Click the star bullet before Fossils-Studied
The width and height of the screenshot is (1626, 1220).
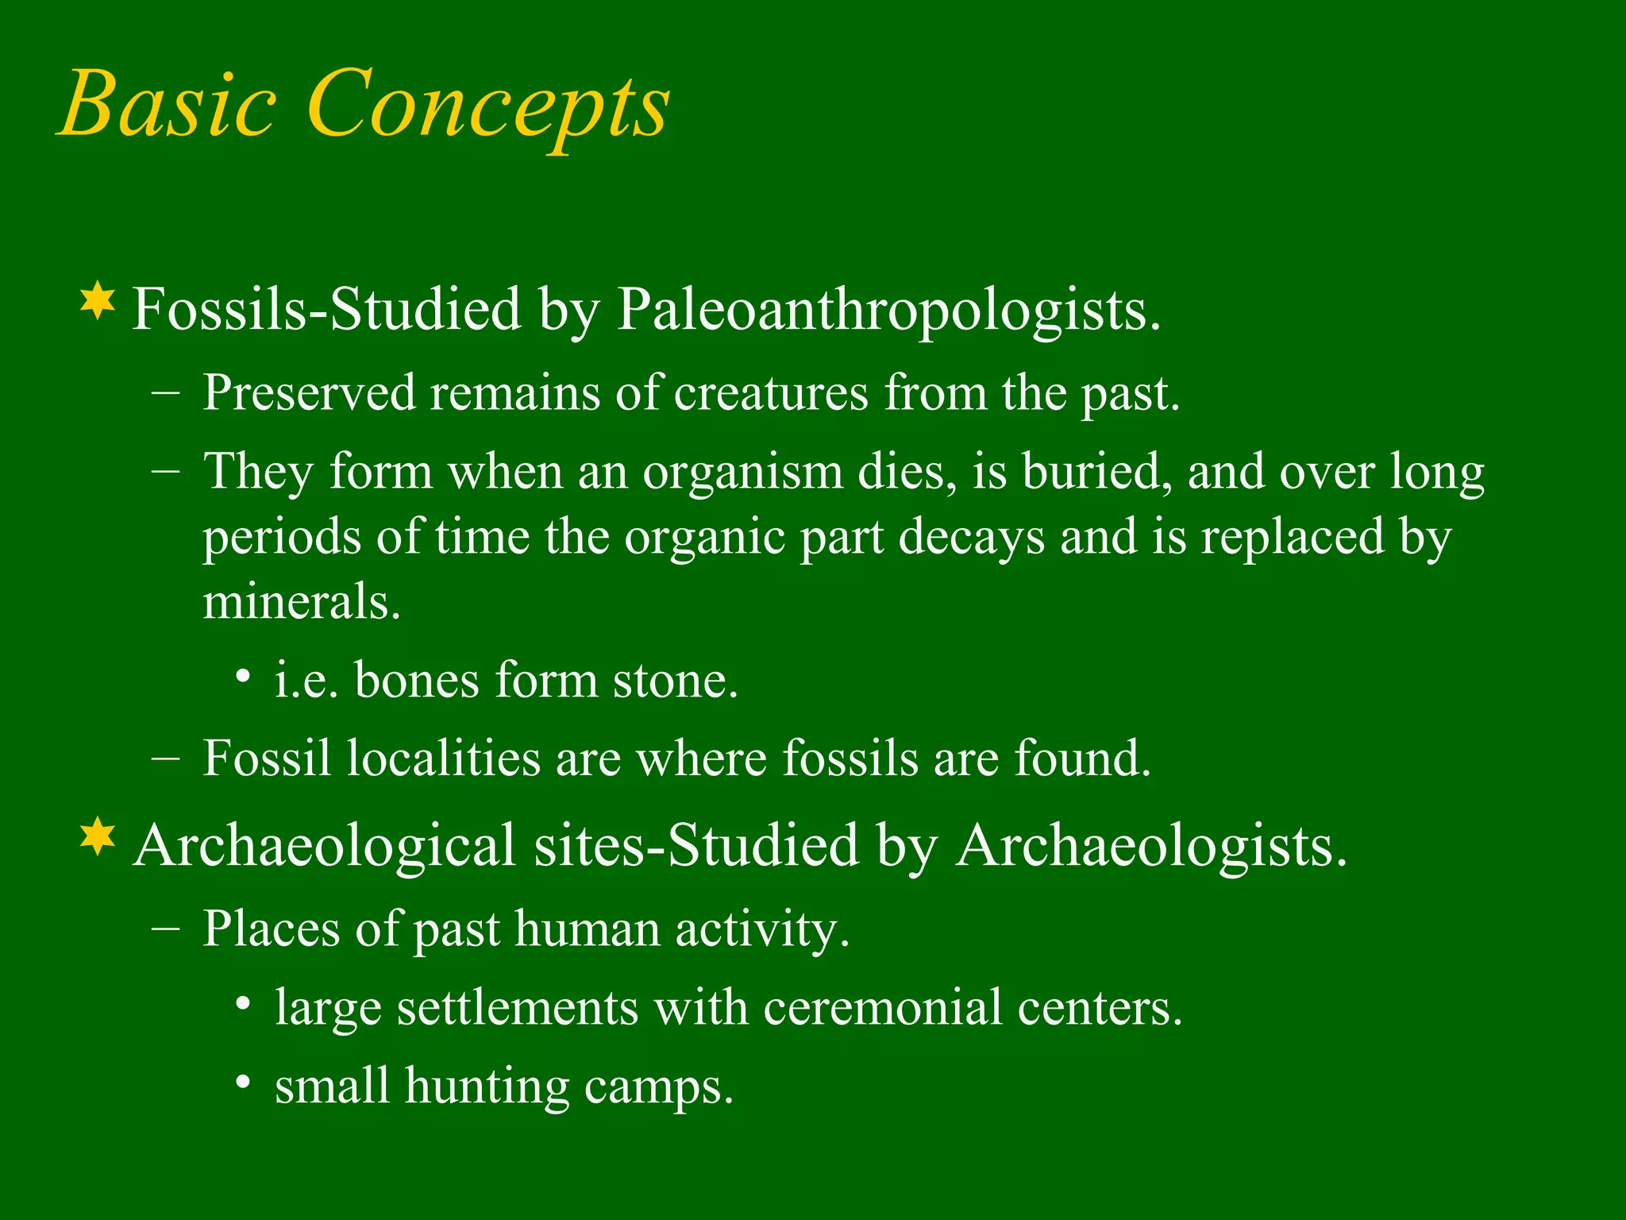pyautogui.click(x=98, y=302)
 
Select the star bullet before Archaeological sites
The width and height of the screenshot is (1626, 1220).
pyautogui.click(x=98, y=837)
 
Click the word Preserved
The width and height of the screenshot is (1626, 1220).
pyautogui.click(x=309, y=392)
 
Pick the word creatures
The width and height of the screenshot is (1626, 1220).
pyautogui.click(x=771, y=394)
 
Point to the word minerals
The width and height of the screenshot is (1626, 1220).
pyautogui.click(x=301, y=602)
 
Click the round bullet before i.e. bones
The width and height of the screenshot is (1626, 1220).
pyautogui.click(x=244, y=678)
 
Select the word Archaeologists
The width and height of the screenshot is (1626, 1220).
pyautogui.click(x=1150, y=846)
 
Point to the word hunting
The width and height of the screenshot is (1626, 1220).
pyautogui.click(x=487, y=1087)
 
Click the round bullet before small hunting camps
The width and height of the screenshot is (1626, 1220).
pyautogui.click(x=244, y=1083)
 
